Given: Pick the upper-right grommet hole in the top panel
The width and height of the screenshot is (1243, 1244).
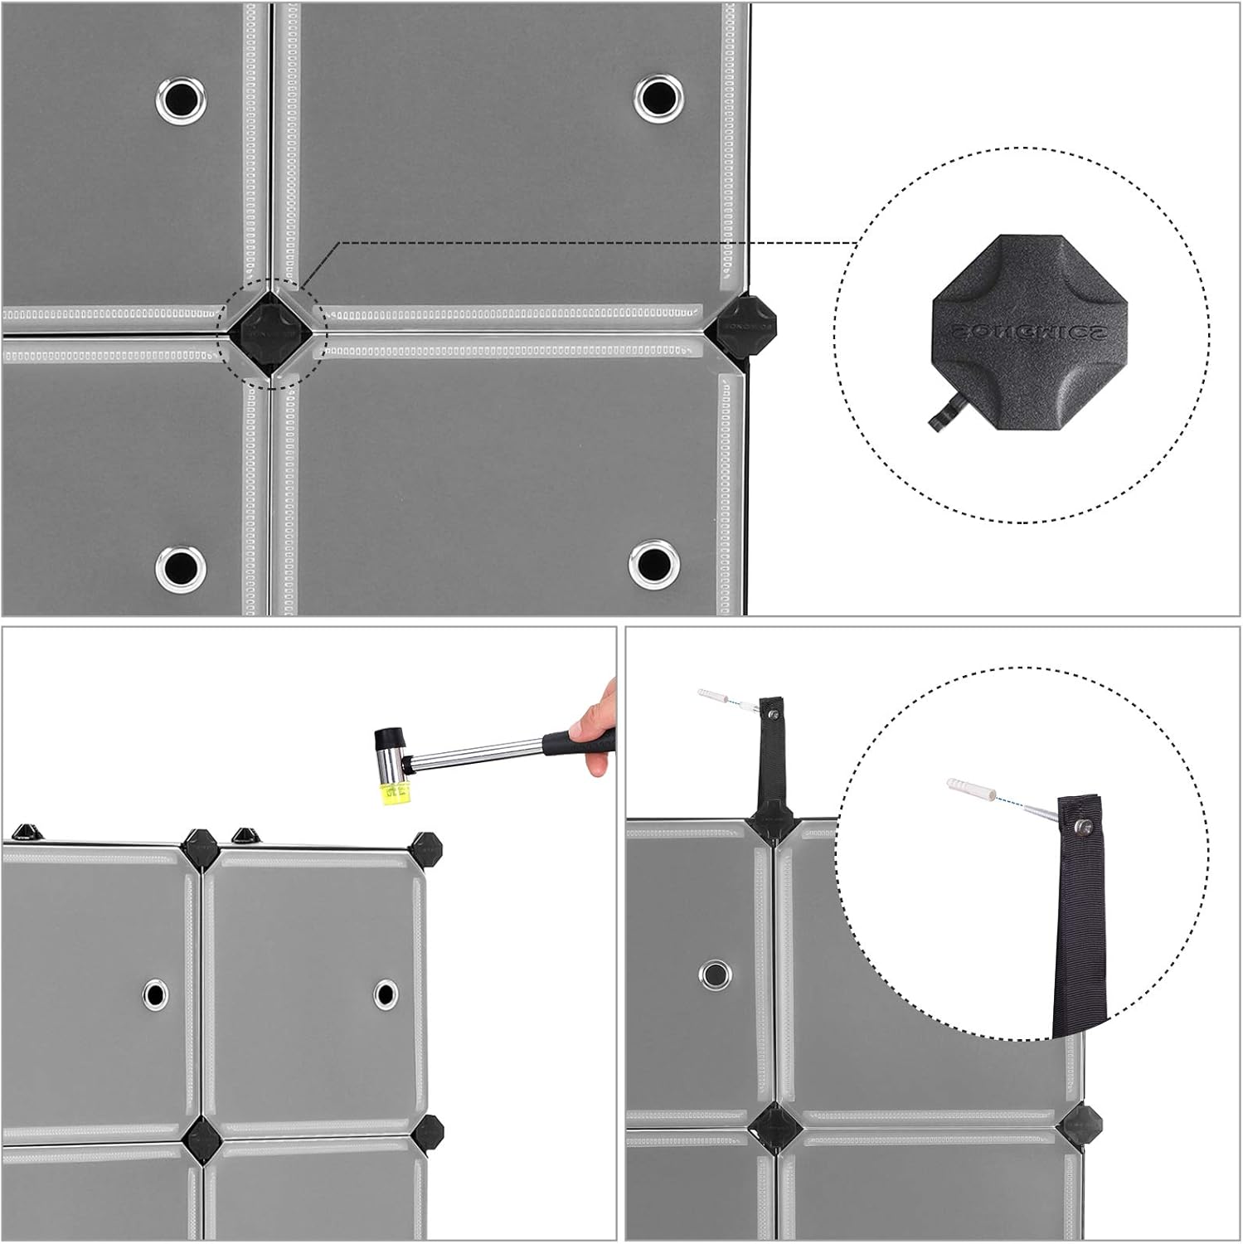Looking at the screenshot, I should [659, 96].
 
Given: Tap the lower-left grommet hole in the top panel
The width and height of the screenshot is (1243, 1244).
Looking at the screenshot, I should [180, 566].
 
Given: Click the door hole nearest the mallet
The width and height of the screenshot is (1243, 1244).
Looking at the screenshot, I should [385, 994].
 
